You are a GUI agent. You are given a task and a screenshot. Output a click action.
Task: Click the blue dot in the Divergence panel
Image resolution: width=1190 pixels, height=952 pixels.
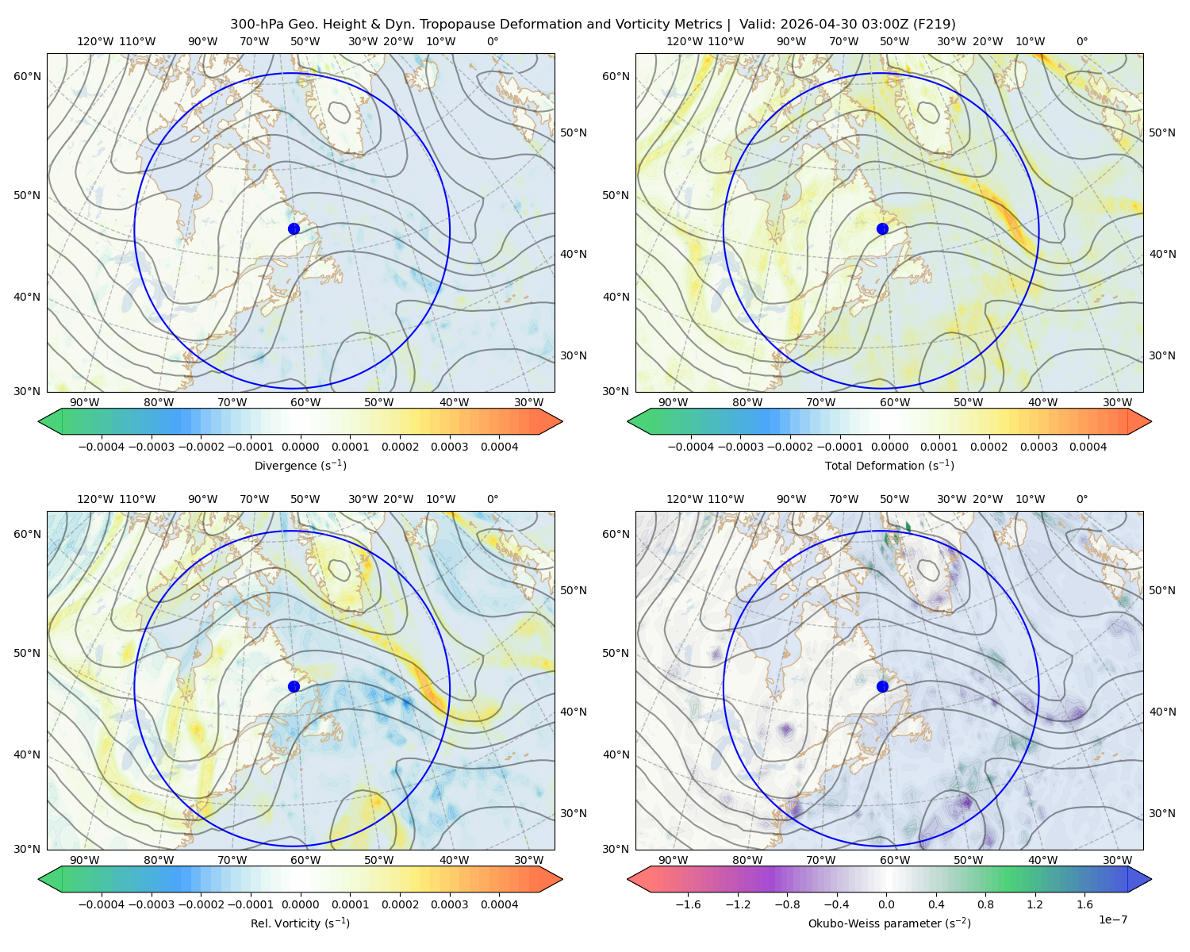[x=294, y=228]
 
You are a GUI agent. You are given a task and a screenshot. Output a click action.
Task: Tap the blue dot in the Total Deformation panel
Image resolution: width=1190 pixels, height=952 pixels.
[x=882, y=228]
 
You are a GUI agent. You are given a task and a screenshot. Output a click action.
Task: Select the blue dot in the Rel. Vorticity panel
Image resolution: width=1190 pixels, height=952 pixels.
[x=294, y=686]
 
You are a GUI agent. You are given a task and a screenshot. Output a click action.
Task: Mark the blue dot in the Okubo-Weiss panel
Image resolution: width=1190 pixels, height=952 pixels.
[x=882, y=686]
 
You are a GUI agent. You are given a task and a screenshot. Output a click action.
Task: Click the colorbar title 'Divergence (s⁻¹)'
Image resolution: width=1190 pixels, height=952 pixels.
[x=300, y=465]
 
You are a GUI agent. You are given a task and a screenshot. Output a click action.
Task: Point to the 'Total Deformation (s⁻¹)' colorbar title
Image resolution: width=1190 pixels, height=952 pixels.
[x=889, y=465]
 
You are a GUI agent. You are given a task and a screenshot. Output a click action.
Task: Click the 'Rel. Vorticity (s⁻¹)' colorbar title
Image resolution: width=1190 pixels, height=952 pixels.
[x=300, y=923]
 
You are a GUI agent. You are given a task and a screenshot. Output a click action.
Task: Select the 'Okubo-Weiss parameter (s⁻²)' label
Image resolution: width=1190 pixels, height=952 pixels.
[x=889, y=923]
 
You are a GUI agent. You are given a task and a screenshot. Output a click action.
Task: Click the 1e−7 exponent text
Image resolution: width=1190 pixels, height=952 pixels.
[x=1112, y=919]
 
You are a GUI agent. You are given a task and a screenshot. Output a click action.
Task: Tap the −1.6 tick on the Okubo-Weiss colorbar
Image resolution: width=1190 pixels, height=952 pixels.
[x=688, y=904]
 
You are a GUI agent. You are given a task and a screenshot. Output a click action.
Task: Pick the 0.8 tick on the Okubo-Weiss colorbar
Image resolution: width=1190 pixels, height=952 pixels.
[x=985, y=904]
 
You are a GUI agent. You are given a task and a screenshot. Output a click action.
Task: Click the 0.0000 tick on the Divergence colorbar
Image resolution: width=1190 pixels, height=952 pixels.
[x=300, y=447]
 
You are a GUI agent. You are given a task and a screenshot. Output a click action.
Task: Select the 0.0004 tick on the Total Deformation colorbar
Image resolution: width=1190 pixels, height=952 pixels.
[x=1088, y=447]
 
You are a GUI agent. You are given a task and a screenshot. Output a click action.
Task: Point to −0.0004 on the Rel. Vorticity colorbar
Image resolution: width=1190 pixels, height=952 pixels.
[x=102, y=904]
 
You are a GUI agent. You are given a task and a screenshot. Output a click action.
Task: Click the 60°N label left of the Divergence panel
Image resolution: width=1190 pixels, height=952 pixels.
[x=27, y=76]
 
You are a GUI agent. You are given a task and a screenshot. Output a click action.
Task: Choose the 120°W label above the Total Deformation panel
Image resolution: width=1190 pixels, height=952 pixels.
[x=684, y=41]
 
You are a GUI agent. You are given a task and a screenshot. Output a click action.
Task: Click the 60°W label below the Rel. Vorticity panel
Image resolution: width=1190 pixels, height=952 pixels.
[x=305, y=860]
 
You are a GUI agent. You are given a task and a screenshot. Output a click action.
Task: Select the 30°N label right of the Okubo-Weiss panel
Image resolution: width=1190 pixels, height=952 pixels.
[x=1161, y=813]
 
